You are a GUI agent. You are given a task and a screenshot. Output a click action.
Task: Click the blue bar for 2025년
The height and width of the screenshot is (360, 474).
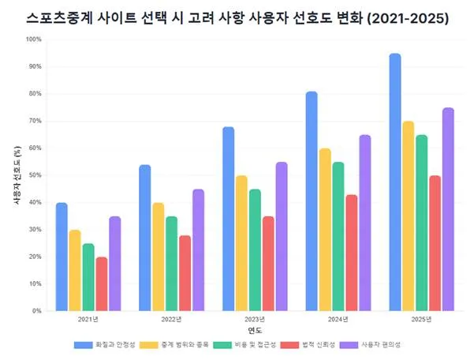395,182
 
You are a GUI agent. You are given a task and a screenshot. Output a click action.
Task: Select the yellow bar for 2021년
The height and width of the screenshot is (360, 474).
75,270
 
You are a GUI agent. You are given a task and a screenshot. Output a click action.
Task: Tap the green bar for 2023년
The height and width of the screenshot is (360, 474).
255,249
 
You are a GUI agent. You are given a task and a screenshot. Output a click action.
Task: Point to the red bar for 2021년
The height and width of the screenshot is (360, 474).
102,283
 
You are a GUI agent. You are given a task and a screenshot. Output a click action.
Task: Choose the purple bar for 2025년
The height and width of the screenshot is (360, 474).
448,209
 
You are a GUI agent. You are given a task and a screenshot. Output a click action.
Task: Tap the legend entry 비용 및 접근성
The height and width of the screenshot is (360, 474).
252,345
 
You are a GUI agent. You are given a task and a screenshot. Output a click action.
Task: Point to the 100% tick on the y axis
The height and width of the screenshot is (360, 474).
34,39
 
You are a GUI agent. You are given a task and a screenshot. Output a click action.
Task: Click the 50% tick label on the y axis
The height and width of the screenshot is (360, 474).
35,175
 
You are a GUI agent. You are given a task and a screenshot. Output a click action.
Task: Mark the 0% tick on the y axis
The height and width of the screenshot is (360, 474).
37,311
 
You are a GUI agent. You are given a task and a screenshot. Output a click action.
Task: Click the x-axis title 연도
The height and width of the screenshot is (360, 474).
254,330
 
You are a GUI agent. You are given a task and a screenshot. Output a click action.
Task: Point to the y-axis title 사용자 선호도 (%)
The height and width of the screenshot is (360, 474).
17,175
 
